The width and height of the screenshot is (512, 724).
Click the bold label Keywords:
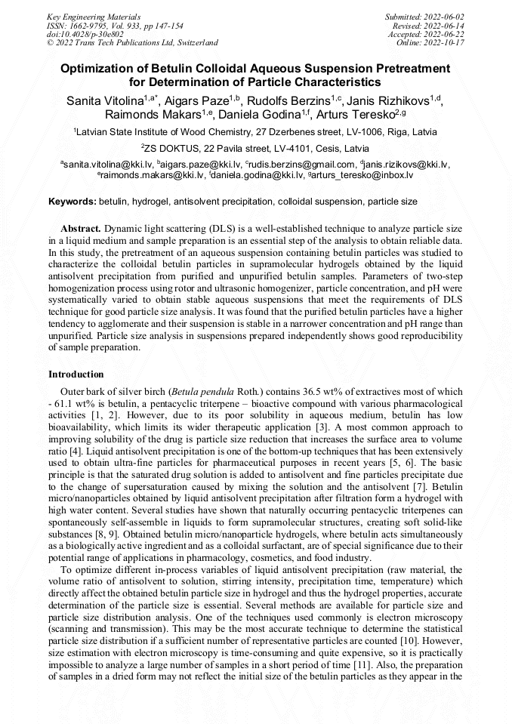point(72,202)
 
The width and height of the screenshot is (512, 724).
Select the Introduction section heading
point(76,374)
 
